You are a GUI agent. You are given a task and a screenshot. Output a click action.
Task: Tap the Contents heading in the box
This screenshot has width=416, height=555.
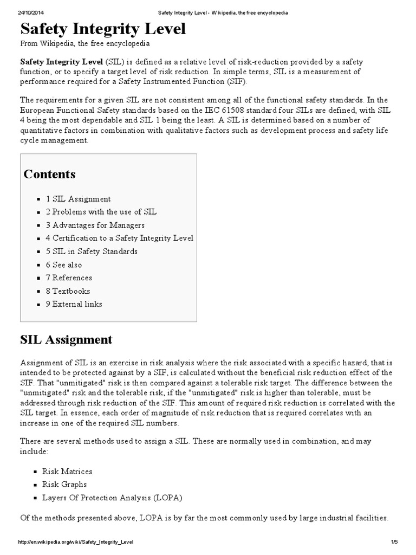click(49, 174)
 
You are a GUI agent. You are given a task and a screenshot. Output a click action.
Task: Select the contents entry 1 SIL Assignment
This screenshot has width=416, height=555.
click(78, 199)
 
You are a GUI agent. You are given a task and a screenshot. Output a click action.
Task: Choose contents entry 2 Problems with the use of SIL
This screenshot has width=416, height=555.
click(101, 212)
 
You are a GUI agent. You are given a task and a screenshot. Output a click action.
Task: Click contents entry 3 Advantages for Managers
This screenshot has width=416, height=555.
click(95, 225)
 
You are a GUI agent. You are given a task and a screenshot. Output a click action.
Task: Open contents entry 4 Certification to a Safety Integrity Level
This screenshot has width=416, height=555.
click(119, 238)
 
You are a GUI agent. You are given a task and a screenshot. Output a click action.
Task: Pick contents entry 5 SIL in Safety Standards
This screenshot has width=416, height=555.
click(92, 251)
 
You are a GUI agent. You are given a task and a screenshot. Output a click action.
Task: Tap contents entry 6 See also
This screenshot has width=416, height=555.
click(64, 264)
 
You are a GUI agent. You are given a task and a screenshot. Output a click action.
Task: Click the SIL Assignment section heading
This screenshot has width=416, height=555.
click(66, 340)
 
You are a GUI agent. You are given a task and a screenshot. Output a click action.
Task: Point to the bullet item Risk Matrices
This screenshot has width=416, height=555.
click(67, 472)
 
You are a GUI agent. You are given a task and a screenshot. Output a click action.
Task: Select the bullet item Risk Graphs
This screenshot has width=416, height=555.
click(64, 485)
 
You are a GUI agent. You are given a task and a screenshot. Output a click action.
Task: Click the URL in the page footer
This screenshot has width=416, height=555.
click(76, 542)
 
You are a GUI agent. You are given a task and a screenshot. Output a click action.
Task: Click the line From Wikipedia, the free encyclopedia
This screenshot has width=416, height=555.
click(86, 43)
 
